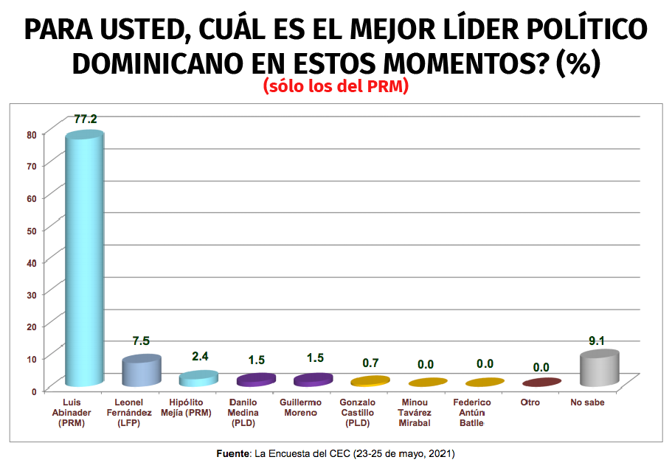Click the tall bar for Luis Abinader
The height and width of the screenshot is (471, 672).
pyautogui.click(x=84, y=258)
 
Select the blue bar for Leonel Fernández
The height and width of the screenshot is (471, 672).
pyautogui.click(x=141, y=371)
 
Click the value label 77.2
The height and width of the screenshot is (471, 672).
pyautogui.click(x=86, y=119)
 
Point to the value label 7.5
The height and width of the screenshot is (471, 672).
pyautogui.click(x=141, y=341)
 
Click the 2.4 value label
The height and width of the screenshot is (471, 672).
pyautogui.click(x=200, y=356)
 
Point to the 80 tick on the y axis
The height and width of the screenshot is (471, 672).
pyautogui.click(x=31, y=134)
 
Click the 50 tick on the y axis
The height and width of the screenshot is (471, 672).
pyautogui.click(x=31, y=230)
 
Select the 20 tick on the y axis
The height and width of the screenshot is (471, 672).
pyautogui.click(x=31, y=326)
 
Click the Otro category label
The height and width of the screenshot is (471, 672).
pyautogui.click(x=530, y=402)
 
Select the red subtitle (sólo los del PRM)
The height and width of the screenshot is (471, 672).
pyautogui.click(x=336, y=87)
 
